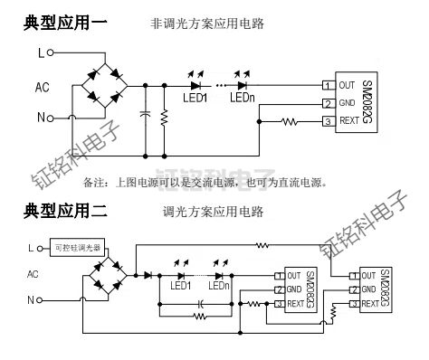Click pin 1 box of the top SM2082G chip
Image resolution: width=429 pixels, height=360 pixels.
327,86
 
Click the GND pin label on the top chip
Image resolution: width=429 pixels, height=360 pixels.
347,103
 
